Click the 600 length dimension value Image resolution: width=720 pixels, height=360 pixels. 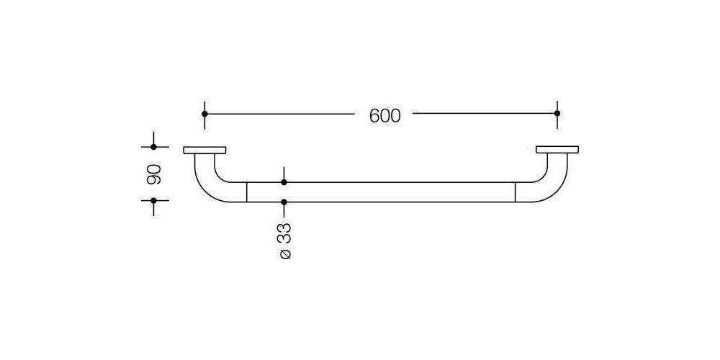click(x=384, y=115)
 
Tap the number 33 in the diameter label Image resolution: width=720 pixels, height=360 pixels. click(x=284, y=232)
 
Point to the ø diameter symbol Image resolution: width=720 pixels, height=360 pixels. click(x=284, y=254)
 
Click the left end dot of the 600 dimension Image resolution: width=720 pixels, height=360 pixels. click(x=205, y=114)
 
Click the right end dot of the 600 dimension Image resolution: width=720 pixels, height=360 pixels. click(x=557, y=114)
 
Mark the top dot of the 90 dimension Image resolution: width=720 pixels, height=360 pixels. click(x=154, y=147)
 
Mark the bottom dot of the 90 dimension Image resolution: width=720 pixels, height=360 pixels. click(x=154, y=202)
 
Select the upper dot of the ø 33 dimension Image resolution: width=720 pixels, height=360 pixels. click(x=284, y=182)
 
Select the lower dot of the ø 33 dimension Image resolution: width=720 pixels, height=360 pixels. click(x=284, y=202)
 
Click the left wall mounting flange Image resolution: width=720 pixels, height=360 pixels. click(x=205, y=150)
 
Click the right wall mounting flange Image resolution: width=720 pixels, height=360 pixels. click(x=557, y=150)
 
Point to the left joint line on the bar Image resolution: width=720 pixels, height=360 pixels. click(x=247, y=192)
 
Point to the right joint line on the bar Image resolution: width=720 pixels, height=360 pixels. click(x=516, y=192)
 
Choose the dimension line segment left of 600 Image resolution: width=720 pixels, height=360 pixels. click(x=281, y=114)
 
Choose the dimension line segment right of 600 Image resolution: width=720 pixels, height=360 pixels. click(x=482, y=114)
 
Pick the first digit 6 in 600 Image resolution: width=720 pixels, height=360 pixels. click(x=374, y=115)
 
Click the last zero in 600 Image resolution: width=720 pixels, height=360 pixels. click(x=395, y=115)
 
